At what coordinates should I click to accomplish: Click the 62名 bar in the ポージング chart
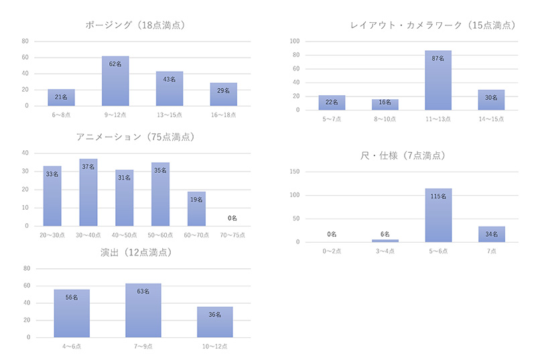click(115, 81)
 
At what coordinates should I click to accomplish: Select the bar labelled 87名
click(438, 80)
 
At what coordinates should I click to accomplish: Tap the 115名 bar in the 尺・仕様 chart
click(438, 215)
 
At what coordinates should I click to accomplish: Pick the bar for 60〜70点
click(196, 208)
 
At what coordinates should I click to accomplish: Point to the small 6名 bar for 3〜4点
click(385, 240)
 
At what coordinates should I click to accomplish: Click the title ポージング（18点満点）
click(135, 25)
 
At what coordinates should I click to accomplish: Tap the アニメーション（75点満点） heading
click(135, 137)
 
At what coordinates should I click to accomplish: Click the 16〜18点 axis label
click(223, 116)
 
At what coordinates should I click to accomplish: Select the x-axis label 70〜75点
click(232, 236)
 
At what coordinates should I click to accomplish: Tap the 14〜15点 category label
click(491, 119)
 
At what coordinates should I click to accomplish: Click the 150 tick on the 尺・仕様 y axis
click(295, 172)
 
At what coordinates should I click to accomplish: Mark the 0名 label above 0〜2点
click(331, 234)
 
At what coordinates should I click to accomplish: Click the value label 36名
click(215, 314)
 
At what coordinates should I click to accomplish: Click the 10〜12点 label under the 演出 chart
click(215, 347)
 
